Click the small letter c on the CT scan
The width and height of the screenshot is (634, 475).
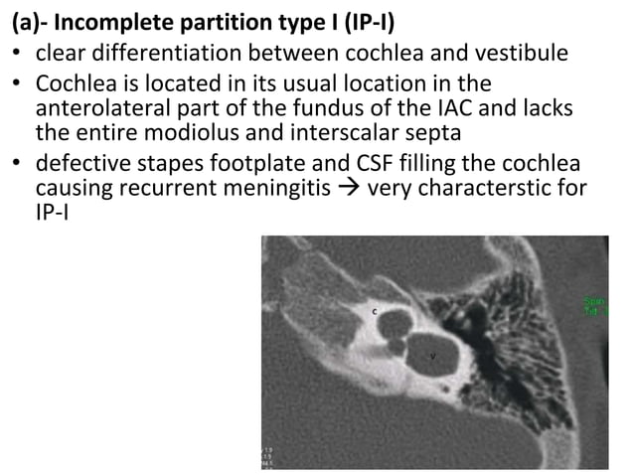click(374, 311)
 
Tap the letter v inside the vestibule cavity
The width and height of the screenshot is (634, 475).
click(433, 354)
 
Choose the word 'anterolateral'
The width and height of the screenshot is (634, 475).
click(93, 107)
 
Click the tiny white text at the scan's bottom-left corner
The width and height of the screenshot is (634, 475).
click(269, 456)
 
